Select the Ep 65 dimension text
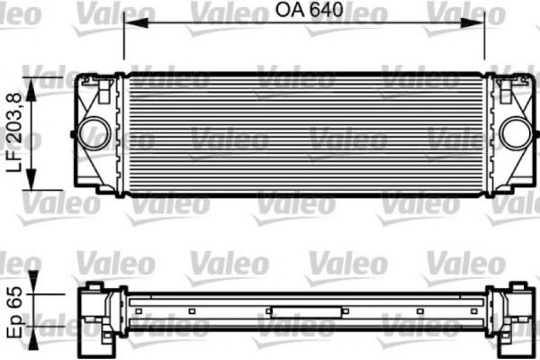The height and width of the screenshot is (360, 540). [x=13, y=313]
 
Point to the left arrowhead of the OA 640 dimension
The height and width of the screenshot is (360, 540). [x=129, y=25]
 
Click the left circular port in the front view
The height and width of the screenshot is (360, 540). [x=91, y=134]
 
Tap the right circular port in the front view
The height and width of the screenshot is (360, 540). [x=516, y=134]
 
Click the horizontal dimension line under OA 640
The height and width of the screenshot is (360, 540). [x=304, y=25]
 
